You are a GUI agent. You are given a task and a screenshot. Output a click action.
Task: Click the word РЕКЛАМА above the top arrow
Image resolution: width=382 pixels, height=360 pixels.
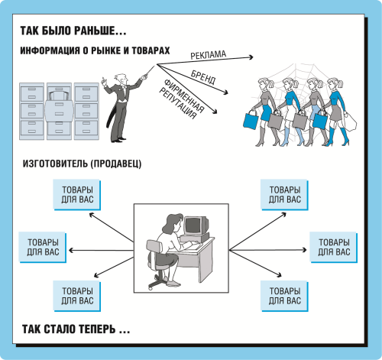(209, 55)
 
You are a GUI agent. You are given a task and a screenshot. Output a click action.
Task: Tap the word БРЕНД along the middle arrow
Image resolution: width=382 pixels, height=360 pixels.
(203, 77)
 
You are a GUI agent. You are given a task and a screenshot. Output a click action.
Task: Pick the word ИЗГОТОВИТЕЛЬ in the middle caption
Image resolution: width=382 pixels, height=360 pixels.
(55, 164)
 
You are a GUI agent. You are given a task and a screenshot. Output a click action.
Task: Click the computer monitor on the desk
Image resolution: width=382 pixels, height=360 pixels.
(196, 225)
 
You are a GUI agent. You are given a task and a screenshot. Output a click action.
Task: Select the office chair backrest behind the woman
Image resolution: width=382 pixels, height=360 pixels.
(154, 247)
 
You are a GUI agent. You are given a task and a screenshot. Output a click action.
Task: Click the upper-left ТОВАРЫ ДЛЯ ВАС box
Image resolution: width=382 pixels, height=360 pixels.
(77, 195)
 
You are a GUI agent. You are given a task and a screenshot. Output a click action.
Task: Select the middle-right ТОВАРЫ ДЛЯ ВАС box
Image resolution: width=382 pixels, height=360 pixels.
(334, 247)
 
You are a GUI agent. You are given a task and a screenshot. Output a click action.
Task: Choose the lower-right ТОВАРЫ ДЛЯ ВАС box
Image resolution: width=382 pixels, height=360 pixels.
(285, 296)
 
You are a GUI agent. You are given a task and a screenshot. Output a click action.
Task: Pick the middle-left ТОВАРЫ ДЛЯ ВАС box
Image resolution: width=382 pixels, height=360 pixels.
(43, 247)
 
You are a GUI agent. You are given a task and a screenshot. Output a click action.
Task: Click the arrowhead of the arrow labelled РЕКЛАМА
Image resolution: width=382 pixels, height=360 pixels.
(251, 57)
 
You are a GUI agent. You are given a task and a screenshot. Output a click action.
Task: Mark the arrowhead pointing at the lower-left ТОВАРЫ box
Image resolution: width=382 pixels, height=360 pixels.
(96, 275)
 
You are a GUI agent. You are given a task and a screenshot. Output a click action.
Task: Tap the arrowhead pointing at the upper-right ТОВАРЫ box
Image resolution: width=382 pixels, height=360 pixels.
(283, 215)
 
